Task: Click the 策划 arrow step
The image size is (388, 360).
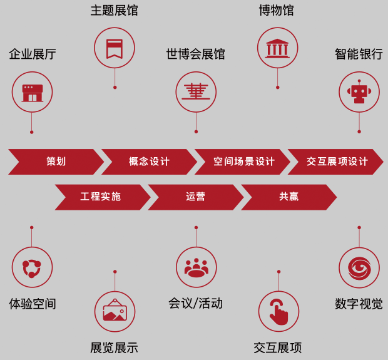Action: click(56, 162)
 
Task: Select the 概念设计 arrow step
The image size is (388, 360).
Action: click(149, 162)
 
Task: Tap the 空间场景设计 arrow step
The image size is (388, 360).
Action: click(243, 162)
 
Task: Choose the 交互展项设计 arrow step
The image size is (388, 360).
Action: click(337, 162)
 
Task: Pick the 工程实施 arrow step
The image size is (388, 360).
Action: click(101, 197)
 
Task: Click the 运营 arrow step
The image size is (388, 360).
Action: click(195, 197)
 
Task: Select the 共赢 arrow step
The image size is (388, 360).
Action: click(288, 197)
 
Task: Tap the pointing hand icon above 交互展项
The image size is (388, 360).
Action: click(278, 311)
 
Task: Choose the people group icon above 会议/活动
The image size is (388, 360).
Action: click(196, 267)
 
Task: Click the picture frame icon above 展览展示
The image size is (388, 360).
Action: click(115, 311)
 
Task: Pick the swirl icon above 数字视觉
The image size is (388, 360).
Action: click(359, 267)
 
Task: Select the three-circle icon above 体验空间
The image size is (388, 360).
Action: click(32, 267)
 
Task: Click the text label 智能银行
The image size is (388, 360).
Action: click(359, 54)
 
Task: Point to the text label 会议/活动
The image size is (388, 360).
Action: click(195, 304)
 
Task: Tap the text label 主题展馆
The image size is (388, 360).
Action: click(114, 11)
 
